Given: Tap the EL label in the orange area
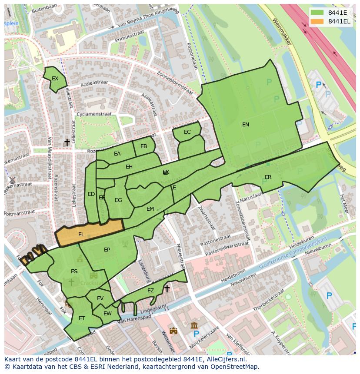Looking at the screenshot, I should (81, 235).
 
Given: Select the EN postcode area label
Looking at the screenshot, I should (246, 125).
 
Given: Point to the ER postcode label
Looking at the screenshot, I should (268, 177).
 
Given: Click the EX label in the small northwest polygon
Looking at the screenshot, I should (55, 79).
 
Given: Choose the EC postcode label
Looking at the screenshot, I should (187, 132).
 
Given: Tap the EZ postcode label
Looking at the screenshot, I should (150, 291).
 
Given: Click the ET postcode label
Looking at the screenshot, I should (82, 318).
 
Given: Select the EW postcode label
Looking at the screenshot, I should (107, 314).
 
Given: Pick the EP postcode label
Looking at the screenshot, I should (107, 250).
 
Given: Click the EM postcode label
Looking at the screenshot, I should (150, 209).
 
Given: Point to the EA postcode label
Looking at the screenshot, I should (117, 154).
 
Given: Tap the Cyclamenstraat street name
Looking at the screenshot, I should (93, 114).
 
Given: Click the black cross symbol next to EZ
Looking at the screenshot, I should (167, 288).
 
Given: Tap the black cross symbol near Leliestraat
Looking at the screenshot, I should (67, 142).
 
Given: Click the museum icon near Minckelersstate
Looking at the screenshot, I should (194, 325).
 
